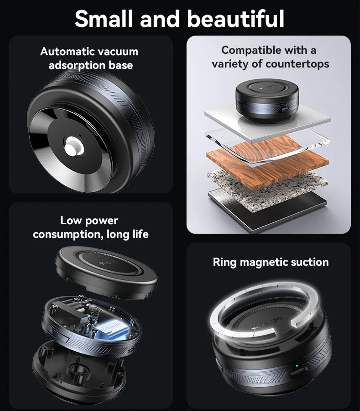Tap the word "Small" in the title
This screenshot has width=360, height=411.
pos(105,18)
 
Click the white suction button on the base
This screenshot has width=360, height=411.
pos(73,147)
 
